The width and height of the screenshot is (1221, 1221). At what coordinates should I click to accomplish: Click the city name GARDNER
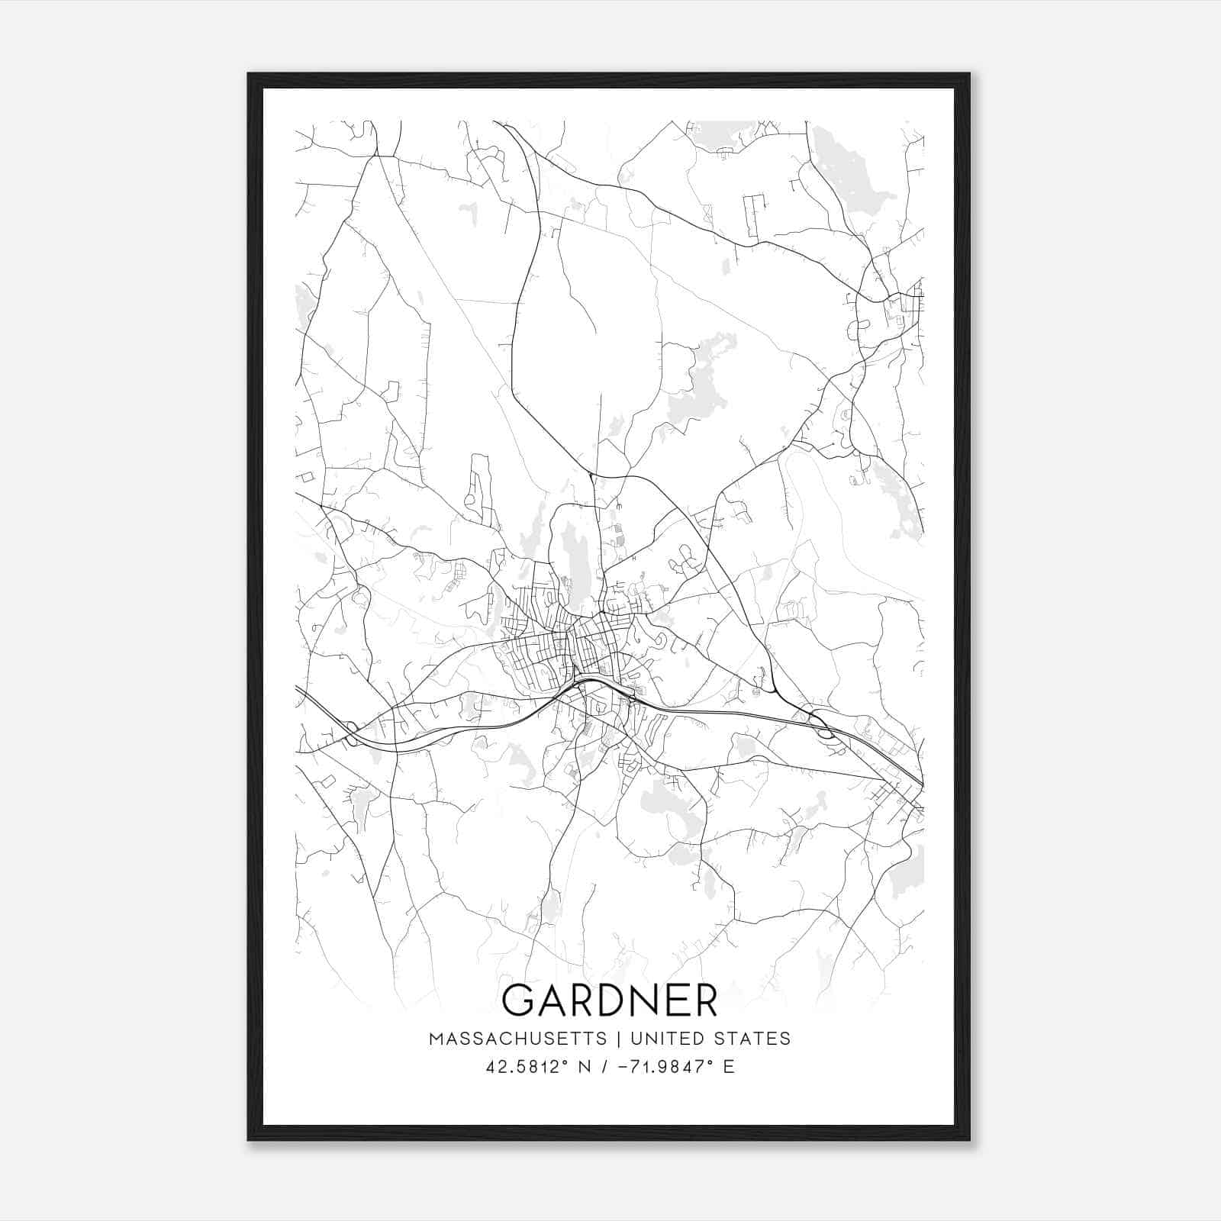(610, 1000)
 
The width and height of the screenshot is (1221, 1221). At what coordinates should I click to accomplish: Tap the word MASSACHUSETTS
(518, 1039)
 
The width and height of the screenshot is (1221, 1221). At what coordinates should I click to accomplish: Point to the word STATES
(750, 1039)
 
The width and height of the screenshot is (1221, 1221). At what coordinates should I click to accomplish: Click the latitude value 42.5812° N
(538, 1067)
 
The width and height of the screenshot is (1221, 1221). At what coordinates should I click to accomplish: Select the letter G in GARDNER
(520, 1000)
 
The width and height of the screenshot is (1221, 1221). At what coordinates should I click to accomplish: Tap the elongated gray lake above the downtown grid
(572, 557)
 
